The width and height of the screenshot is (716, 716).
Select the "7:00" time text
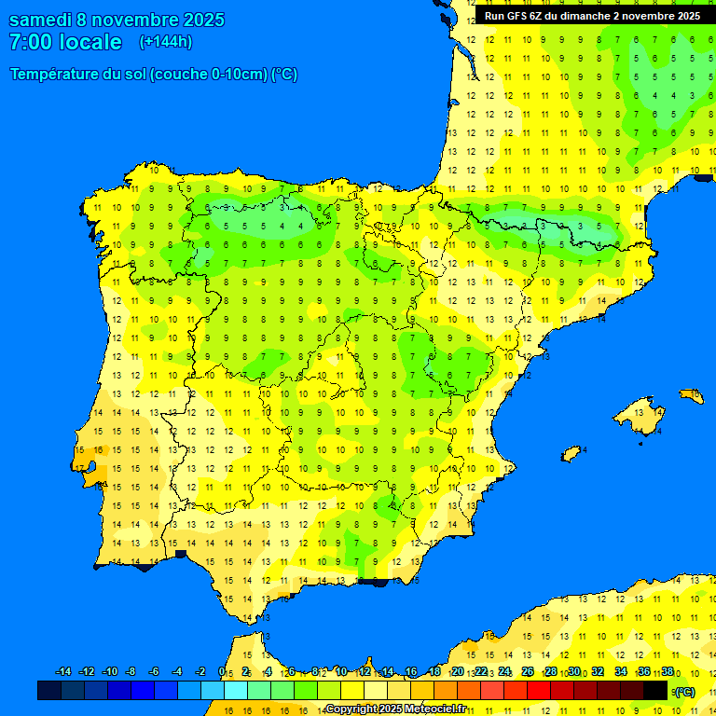tap(30, 42)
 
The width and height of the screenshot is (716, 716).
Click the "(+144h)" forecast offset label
tap(165, 42)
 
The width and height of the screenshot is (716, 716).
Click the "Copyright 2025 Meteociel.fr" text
tap(395, 709)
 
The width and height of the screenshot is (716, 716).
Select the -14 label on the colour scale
tap(64, 672)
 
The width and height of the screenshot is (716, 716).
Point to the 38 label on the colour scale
tap(668, 672)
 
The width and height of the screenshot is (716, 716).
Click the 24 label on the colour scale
tap(504, 672)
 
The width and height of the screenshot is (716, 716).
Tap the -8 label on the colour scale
tap(131, 672)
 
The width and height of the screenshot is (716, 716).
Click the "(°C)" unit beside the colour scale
tap(683, 692)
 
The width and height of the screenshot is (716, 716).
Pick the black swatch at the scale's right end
tap(655, 691)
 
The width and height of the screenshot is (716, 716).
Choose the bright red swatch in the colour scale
tap(539, 691)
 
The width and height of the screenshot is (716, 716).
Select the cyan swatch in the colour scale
tap(236, 691)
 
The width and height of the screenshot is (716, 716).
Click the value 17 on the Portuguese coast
tap(81, 468)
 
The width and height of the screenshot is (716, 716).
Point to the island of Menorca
tap(692, 396)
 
